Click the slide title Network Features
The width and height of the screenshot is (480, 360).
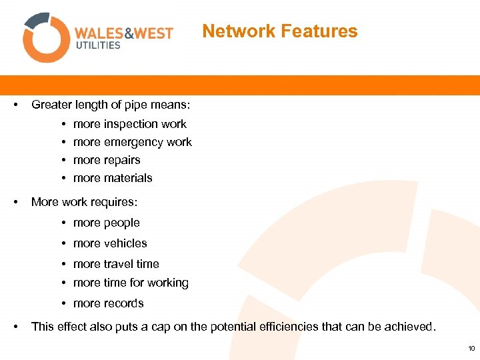pyautogui.click(x=279, y=31)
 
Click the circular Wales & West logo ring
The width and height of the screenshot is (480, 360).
pyautogui.click(x=46, y=37)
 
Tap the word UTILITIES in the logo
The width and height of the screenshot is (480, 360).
pyautogui.click(x=98, y=45)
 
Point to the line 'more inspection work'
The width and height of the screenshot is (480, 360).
pyautogui.click(x=129, y=124)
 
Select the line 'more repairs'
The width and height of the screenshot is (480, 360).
pyautogui.click(x=107, y=160)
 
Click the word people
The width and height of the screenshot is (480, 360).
pyautogui.click(x=122, y=223)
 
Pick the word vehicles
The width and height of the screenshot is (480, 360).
pyautogui.click(x=125, y=243)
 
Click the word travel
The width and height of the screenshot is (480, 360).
pyautogui.click(x=118, y=264)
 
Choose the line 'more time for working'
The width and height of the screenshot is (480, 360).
pyautogui.click(x=131, y=283)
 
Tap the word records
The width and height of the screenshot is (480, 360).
pyautogui.click(x=123, y=303)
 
